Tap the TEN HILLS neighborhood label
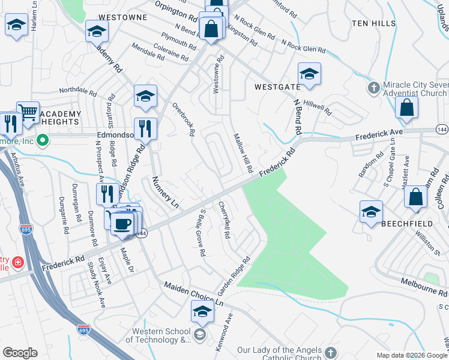pyautogui.click(x=374, y=23)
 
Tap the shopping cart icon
pyautogui.click(x=28, y=112)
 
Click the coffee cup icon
pyautogui.click(x=122, y=223)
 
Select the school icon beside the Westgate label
pyautogui.click(x=309, y=74)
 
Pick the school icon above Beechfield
pyautogui.click(x=371, y=211)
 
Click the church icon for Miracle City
pyautogui.click(x=373, y=88)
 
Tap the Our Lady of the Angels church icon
pyautogui.click(x=331, y=351)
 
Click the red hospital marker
pyautogui.click(x=18, y=263)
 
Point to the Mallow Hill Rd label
pyautogui.click(x=242, y=151)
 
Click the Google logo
pyautogui.click(x=20, y=353)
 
